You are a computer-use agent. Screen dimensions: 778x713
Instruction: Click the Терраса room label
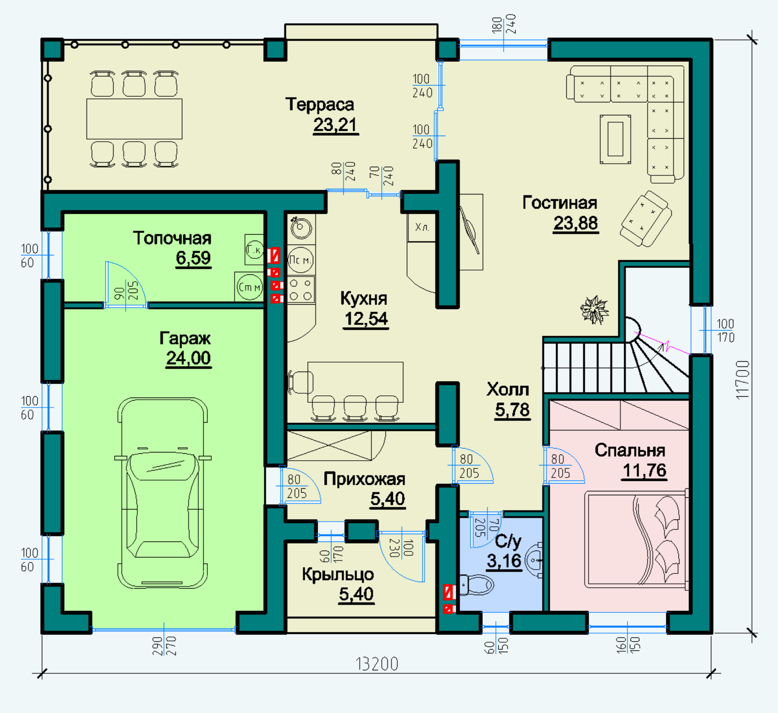tap(319, 105)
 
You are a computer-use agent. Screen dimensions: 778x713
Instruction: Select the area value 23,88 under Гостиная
tap(576, 223)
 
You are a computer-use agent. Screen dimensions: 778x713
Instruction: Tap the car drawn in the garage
tap(163, 493)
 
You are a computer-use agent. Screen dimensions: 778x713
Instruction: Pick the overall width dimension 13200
tap(376, 664)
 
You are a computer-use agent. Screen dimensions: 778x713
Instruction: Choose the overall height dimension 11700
tap(743, 380)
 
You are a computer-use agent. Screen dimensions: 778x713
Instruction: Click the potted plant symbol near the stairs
tap(594, 309)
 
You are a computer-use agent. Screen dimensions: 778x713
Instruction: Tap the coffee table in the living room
tap(615, 139)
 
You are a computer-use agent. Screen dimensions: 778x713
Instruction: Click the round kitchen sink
tap(301, 228)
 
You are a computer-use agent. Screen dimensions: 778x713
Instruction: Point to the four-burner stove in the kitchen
tap(301, 290)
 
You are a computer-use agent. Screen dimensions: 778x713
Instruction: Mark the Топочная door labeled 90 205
tap(126, 285)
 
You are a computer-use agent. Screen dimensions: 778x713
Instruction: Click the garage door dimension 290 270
tap(164, 646)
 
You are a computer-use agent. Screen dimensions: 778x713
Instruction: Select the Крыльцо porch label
tap(338, 575)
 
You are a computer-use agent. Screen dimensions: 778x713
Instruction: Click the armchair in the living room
tap(646, 219)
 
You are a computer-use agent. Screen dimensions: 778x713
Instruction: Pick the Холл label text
tap(508, 389)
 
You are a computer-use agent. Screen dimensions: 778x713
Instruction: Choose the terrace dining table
tap(134, 119)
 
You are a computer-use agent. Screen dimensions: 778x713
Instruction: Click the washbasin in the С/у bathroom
tap(534, 560)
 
